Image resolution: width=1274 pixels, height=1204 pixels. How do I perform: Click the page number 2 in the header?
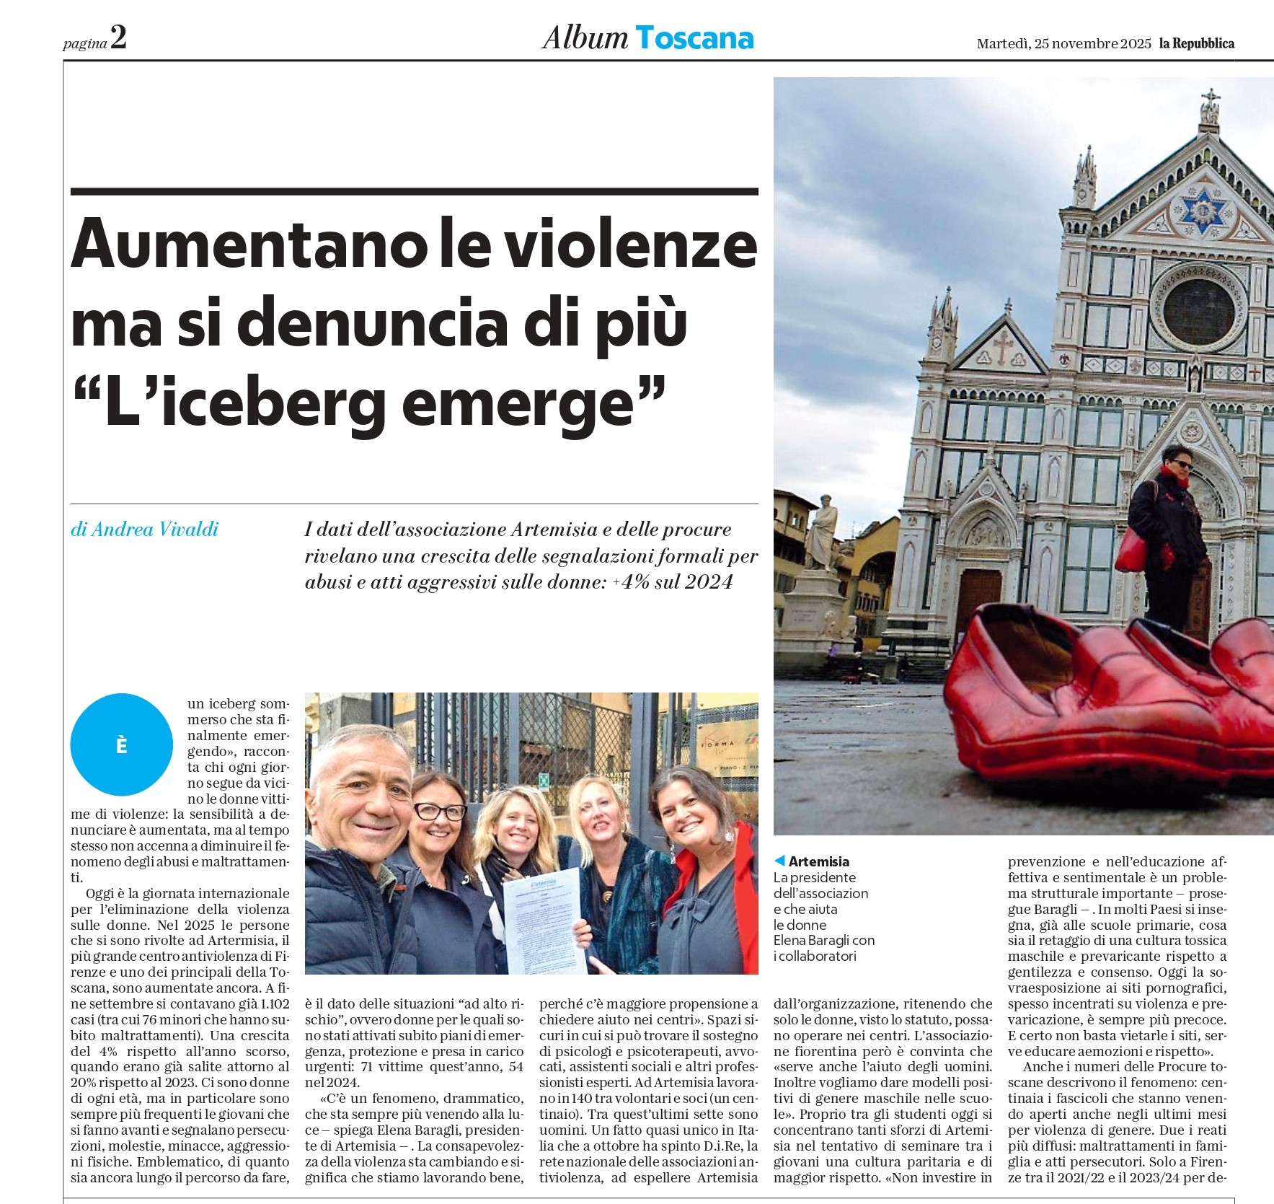pos(118,38)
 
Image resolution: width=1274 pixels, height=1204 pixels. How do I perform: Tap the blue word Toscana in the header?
pos(694,38)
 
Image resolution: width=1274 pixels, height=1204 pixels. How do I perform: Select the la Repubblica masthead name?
pos(1196,43)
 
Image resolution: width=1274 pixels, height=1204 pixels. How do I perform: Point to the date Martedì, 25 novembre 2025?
pos(1063,43)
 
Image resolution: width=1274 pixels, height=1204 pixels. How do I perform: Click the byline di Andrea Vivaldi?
pos(144,530)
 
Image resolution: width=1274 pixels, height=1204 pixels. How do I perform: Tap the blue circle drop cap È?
pos(122,744)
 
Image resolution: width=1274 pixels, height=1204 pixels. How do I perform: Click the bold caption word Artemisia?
pos(818,861)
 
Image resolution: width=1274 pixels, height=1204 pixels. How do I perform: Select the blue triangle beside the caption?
pos(779,861)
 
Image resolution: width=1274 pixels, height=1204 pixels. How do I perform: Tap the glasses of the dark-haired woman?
pos(438,812)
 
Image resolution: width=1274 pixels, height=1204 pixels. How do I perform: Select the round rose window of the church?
pos(1198,309)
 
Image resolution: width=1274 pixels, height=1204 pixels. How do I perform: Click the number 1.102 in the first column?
pos(274,1003)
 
